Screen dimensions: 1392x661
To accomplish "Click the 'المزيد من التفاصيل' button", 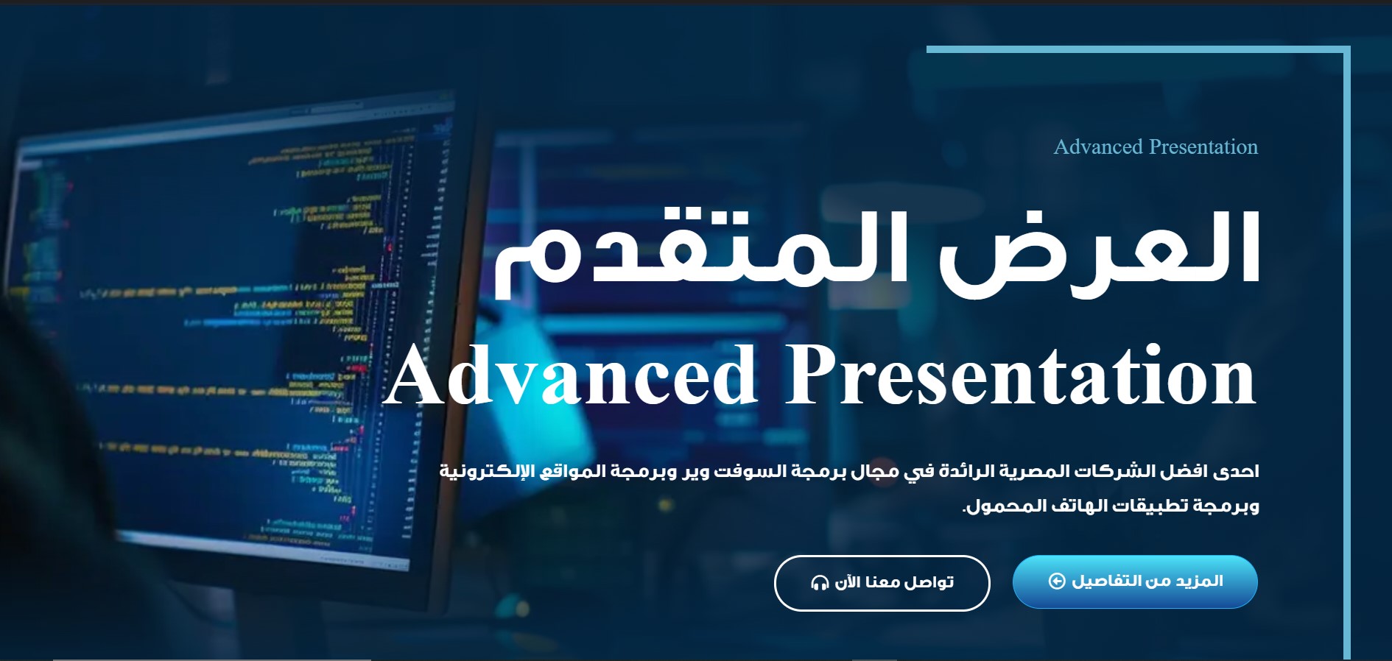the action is coord(1135,582).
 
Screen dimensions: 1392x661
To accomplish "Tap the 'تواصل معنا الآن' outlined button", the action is coord(882,583).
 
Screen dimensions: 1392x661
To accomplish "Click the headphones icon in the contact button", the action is coord(820,583).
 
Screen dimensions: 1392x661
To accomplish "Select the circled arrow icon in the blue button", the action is coord(1057,582).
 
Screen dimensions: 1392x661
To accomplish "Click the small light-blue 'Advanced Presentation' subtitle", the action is coord(1156,147).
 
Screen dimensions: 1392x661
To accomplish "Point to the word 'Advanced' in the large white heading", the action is coord(571,375).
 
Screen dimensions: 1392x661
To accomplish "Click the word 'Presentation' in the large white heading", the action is coord(1021,375).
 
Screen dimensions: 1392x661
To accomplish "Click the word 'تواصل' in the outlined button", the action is coord(929,583).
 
